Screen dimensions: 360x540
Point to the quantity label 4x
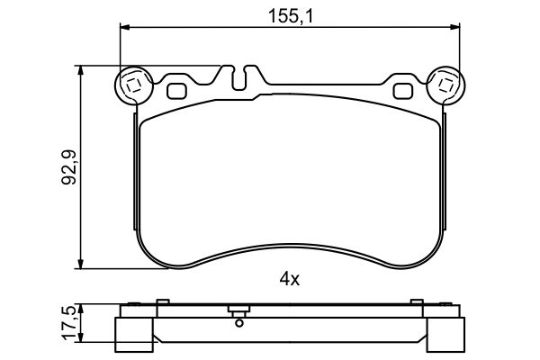[289, 279]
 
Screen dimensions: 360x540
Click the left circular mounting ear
[133, 86]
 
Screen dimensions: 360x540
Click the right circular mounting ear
[444, 86]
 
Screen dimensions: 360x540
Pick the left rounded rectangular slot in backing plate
[176, 90]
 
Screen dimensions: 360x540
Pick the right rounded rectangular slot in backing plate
[400, 90]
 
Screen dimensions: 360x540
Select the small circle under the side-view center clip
[238, 320]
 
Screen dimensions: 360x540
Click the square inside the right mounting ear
[444, 86]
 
